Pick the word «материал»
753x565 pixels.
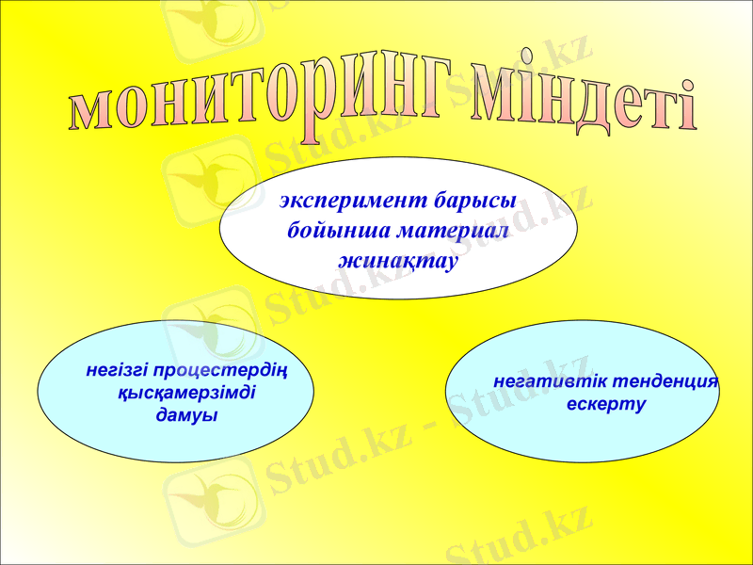453,231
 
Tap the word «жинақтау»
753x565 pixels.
397,259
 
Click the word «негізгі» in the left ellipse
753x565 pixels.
117,369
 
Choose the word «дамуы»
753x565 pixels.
185,415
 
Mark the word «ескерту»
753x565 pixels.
606,405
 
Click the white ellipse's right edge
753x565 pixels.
577,228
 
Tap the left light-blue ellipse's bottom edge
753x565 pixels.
175,462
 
